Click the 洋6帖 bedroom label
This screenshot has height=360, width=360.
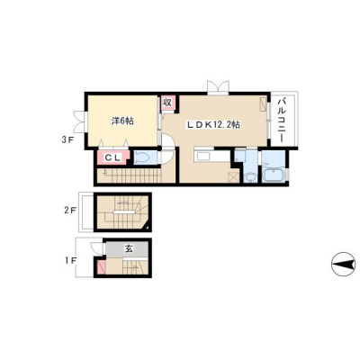(x=122, y=121)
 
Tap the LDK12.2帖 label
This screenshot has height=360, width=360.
(x=213, y=125)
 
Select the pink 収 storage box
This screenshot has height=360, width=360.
(x=167, y=103)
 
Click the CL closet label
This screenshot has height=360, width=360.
(x=112, y=157)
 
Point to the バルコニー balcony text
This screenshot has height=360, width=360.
(x=283, y=120)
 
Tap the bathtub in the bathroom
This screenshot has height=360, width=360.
(x=274, y=175)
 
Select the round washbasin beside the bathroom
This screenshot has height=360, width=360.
(x=249, y=176)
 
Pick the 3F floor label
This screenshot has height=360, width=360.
(x=66, y=139)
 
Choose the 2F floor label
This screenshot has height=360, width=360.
(x=70, y=211)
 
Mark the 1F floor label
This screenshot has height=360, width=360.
(x=70, y=261)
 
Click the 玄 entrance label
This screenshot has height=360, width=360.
(x=129, y=248)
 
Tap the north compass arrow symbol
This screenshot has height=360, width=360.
(x=343, y=265)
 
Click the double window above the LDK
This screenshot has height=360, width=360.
(x=218, y=87)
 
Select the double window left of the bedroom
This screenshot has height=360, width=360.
(x=80, y=121)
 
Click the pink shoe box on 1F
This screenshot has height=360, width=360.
(x=101, y=267)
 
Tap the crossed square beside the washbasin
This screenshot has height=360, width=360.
(x=234, y=177)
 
